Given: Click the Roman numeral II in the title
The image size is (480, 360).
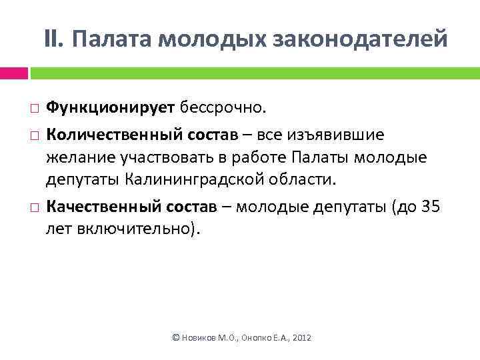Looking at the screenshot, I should click(53, 39).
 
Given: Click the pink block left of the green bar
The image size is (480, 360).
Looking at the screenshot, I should click(13, 73).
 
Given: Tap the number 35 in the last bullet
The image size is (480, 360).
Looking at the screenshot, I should click(431, 207).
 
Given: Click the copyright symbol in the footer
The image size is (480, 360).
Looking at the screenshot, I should click(176, 339).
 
